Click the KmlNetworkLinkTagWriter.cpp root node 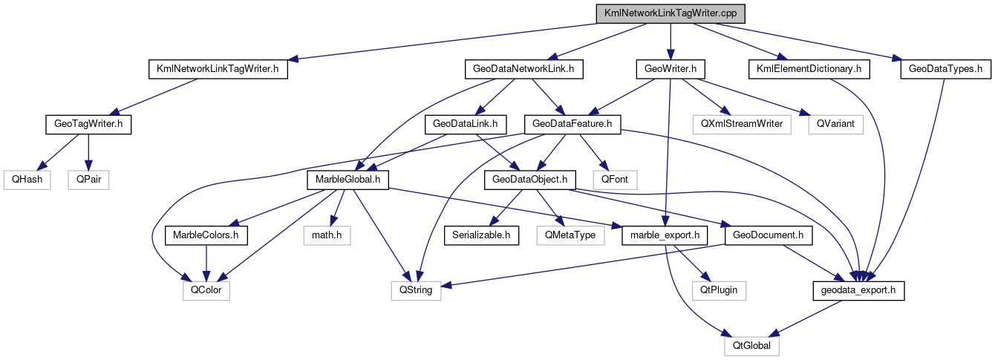click(671, 14)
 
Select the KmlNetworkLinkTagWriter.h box click(218, 70)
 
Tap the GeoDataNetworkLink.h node click(523, 70)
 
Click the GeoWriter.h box click(670, 70)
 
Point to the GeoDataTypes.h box click(945, 70)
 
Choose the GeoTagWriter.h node click(88, 125)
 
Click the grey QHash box click(26, 180)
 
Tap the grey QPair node click(88, 180)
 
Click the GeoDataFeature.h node click(572, 125)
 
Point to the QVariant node click(836, 125)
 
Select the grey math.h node click(327, 235)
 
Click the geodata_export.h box click(859, 290)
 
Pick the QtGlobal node click(752, 345)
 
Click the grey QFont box click(615, 180)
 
